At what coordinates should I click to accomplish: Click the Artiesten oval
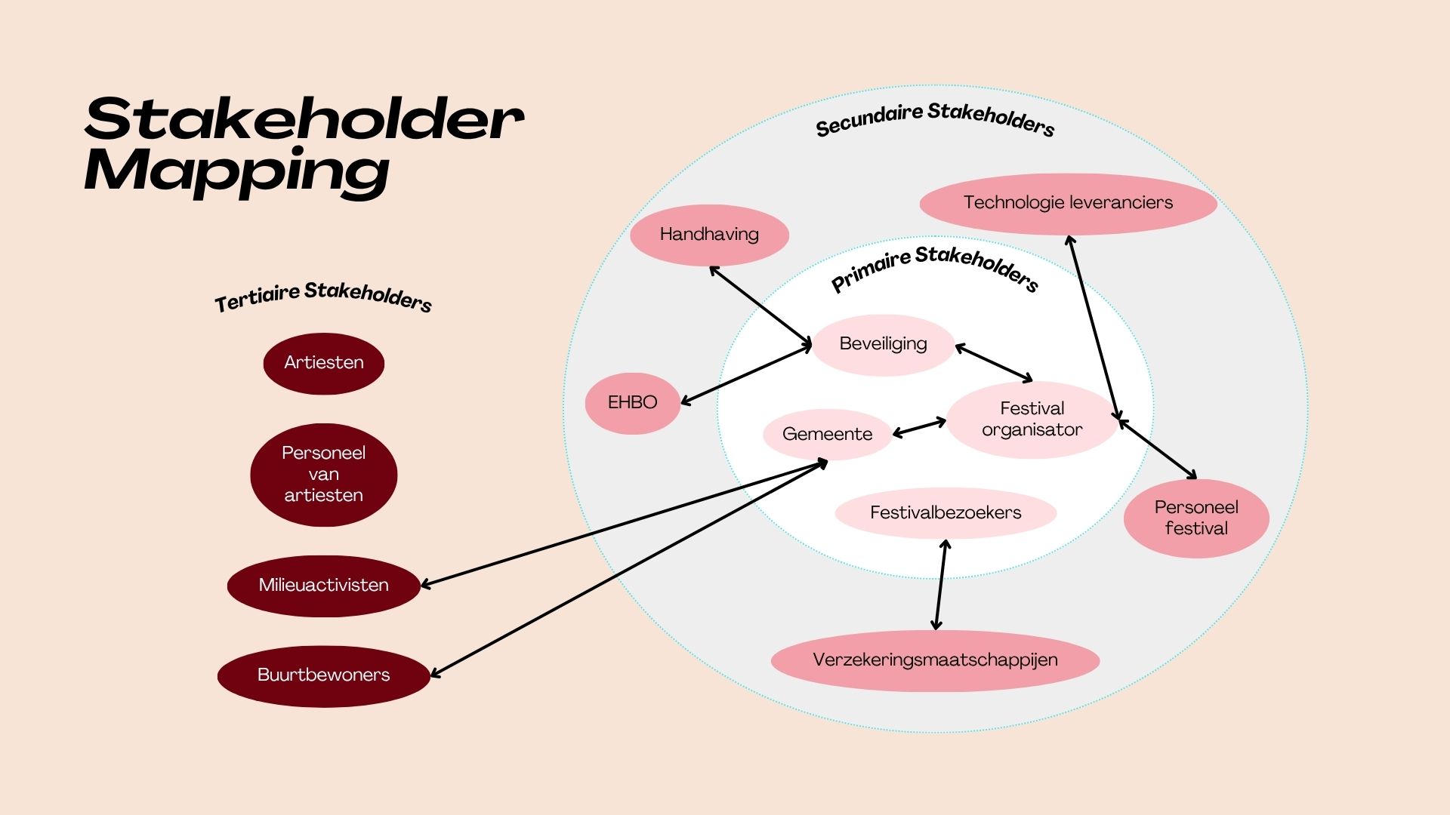(323, 363)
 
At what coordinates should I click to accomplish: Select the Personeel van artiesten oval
(323, 474)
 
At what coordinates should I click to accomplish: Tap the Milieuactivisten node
(323, 586)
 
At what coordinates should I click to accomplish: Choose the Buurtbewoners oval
(323, 675)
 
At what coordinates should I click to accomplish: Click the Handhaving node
(709, 235)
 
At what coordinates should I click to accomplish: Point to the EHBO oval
(632, 403)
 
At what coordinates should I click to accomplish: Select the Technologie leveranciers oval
(1068, 203)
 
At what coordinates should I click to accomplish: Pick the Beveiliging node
(883, 344)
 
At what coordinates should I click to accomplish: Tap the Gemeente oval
(827, 435)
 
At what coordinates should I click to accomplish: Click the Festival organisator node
(1032, 420)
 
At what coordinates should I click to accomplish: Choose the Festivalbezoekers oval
(946, 513)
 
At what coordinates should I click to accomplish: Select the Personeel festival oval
(1196, 518)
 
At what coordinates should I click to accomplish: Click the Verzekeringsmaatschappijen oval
(935, 660)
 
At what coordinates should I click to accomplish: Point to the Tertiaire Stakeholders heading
(323, 297)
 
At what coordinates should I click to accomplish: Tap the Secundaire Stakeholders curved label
(935, 119)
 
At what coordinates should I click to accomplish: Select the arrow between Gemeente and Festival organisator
(919, 428)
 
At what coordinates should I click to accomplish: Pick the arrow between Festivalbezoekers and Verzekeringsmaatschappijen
(941, 585)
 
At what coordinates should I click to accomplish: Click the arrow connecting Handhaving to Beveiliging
(760, 305)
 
